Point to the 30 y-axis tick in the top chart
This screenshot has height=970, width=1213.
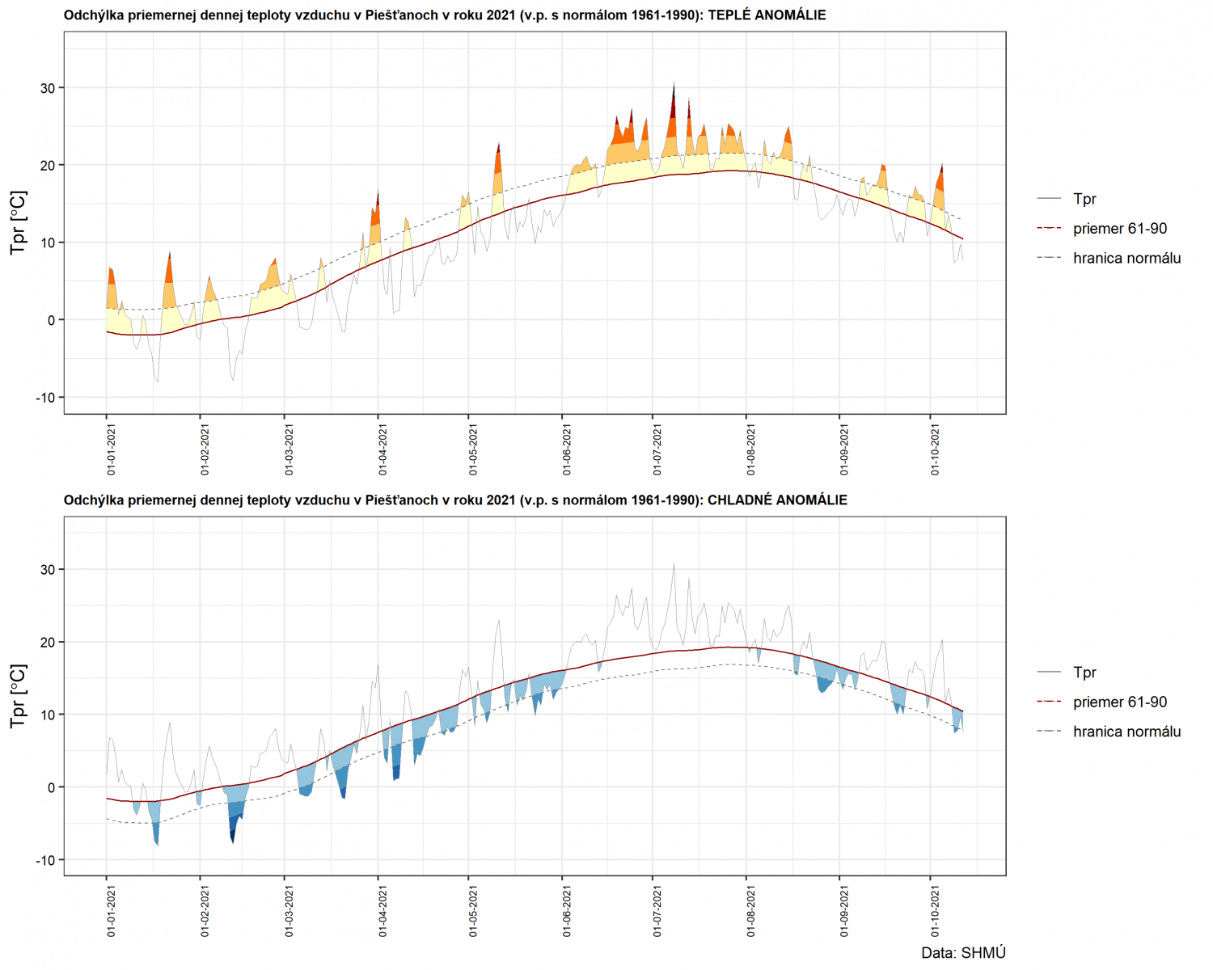(x=47, y=88)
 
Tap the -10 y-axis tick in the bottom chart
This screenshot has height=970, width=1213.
(x=44, y=860)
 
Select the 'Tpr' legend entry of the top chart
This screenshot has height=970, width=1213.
(x=1084, y=199)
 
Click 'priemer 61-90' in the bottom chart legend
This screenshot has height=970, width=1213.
(x=1120, y=702)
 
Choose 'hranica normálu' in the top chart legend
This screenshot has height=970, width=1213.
(x=1126, y=259)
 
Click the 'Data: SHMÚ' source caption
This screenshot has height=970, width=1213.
(x=963, y=953)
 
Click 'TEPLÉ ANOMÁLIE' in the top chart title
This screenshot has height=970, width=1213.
(x=767, y=15)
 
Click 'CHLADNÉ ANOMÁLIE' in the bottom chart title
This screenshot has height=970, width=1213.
(x=777, y=500)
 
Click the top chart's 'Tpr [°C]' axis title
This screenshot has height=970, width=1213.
(x=18, y=222)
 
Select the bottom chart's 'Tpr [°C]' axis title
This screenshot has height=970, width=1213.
(x=18, y=696)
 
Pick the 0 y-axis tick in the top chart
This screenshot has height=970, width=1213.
(x=52, y=320)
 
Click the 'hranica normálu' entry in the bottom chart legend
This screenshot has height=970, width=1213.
(x=1126, y=732)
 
